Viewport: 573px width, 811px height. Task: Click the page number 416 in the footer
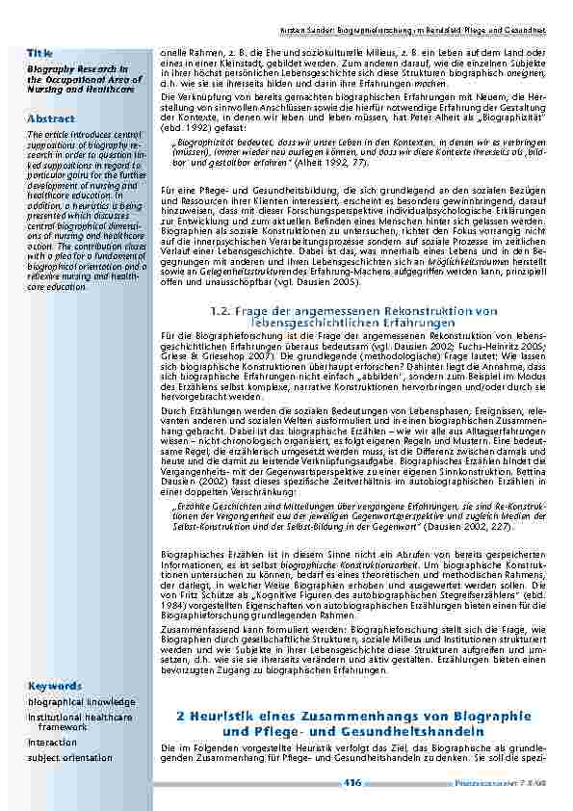[352, 782]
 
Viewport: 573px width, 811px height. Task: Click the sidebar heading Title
[39, 51]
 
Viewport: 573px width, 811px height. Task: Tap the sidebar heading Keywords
[54, 686]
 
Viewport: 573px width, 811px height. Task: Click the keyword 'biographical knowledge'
[81, 702]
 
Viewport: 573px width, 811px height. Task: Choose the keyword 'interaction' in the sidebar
[52, 743]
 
